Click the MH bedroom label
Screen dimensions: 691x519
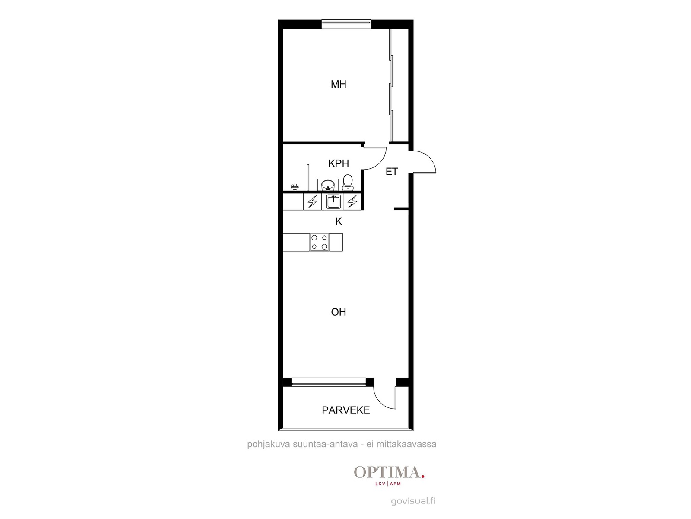pos(339,84)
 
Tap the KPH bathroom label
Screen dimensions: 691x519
pos(339,163)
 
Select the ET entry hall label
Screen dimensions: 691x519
pos(392,172)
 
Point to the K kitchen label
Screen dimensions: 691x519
pos(339,221)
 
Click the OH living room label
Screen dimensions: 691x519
pos(339,312)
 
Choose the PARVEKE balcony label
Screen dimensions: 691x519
pos(345,410)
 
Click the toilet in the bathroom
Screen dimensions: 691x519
pos(348,183)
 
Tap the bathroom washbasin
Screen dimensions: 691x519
pos(328,185)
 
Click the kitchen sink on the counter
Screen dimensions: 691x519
pos(333,202)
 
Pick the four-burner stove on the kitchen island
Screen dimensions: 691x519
pos(319,242)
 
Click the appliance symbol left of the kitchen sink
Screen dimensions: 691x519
pos(312,202)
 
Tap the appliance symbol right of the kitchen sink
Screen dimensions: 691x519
pos(352,202)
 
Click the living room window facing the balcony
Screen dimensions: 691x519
pos(329,382)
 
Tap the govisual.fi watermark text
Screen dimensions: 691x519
pos(413,501)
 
